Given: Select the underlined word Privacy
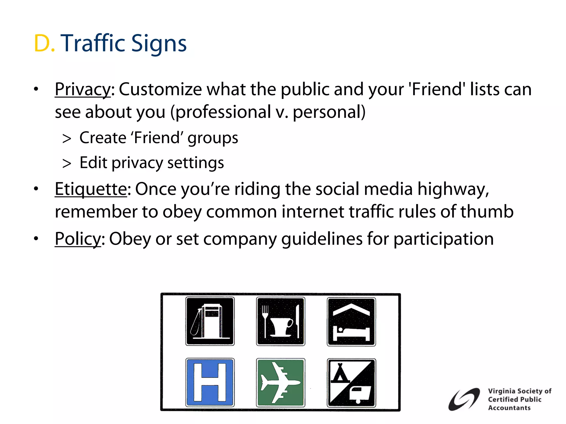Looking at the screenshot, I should click(x=83, y=90).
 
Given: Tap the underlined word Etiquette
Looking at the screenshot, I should click(x=91, y=189).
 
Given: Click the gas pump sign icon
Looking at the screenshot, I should click(x=210, y=321).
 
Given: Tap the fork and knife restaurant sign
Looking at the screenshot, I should click(x=281, y=321).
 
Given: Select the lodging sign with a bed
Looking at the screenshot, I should click(x=351, y=322).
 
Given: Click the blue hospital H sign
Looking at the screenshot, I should click(x=210, y=382).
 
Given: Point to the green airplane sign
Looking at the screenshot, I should click(x=281, y=383).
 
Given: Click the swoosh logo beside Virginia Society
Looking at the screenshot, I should click(x=464, y=399).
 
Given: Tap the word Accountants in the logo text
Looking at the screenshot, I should click(x=509, y=408).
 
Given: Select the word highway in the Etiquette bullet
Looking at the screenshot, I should click(x=453, y=189).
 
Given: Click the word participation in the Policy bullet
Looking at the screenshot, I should click(x=444, y=239).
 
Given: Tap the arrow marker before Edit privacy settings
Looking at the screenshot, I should click(x=67, y=163).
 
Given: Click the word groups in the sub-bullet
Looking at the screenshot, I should click(x=213, y=138).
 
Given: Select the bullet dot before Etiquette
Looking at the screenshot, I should click(x=36, y=189).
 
